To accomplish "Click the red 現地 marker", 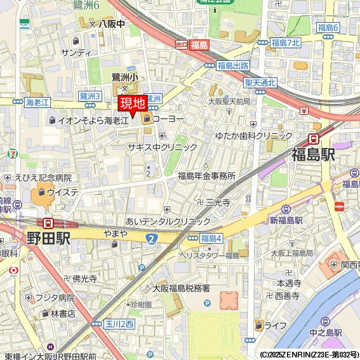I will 132,103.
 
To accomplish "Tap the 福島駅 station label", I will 313,154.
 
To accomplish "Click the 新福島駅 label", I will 286,220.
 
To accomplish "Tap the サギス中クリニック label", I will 163,147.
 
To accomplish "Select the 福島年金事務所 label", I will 206,176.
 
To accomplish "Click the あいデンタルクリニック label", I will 168,221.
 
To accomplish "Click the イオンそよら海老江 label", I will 93,119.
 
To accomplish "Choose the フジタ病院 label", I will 55,297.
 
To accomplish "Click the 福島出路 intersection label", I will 233,65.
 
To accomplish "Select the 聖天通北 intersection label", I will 260,83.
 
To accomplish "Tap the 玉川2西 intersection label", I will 119,324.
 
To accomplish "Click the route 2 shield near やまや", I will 151,237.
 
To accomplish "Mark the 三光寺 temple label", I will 217,202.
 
